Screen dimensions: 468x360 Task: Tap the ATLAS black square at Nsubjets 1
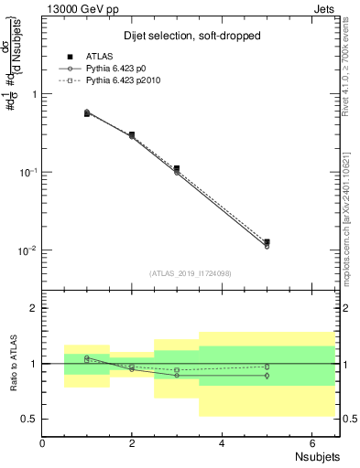87,113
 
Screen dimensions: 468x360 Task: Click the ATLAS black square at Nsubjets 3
177,168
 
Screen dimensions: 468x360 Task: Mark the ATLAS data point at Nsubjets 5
267,242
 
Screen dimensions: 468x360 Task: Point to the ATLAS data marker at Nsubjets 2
132,134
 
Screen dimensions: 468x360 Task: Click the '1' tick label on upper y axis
35,94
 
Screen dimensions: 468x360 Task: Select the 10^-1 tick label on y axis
29,172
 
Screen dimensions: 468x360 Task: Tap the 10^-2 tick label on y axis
29,250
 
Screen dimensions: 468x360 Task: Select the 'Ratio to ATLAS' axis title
11,364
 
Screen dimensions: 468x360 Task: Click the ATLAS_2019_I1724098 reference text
191,272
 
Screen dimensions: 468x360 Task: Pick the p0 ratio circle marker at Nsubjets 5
267,376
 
